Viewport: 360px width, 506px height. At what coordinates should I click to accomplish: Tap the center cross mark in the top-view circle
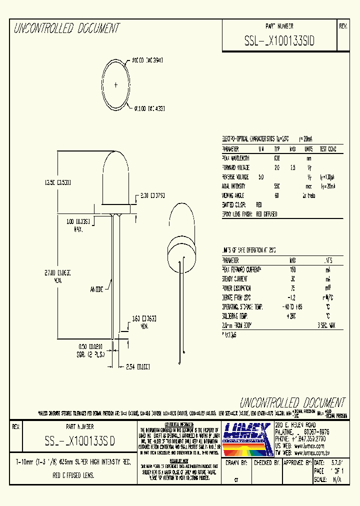[116, 85]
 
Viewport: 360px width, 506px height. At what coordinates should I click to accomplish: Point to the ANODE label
[96, 289]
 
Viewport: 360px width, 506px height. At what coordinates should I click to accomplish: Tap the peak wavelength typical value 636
[277, 158]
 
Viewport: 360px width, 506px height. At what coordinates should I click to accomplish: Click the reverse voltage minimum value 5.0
[261, 177]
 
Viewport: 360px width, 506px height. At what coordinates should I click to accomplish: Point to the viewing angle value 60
[277, 195]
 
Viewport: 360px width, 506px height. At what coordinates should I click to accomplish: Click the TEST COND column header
[328, 149]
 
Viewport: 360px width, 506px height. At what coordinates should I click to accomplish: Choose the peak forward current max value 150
[292, 270]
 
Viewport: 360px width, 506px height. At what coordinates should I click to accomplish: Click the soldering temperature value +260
[292, 316]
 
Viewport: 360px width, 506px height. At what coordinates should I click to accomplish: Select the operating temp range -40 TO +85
[292, 306]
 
